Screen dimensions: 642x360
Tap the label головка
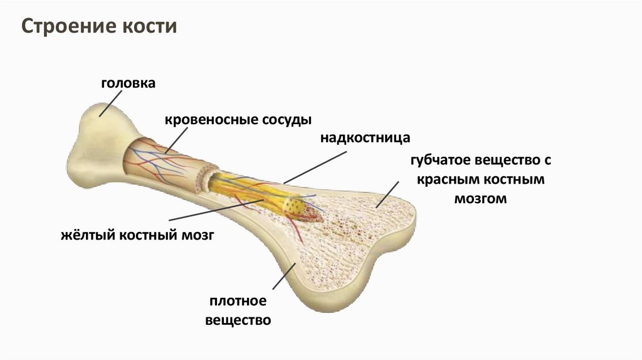click(x=128, y=83)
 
